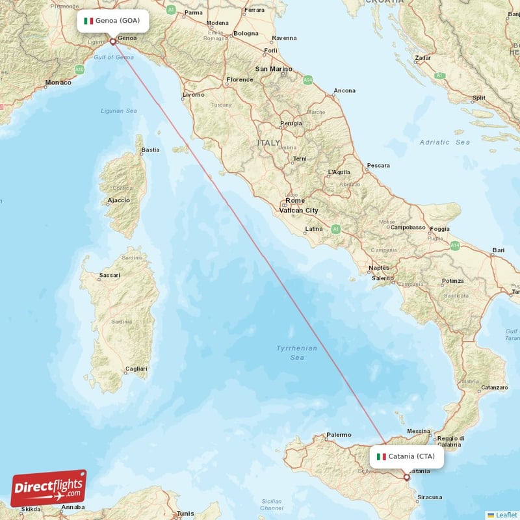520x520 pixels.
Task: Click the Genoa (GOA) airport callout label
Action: click(112, 21)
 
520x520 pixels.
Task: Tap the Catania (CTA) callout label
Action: click(407, 456)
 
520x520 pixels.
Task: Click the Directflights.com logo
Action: click(48, 487)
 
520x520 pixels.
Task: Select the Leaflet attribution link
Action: click(506, 515)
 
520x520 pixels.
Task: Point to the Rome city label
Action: click(294, 201)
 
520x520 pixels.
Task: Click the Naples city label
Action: click(378, 268)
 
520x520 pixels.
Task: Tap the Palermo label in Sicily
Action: click(339, 435)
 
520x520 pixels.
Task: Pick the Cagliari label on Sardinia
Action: click(136, 369)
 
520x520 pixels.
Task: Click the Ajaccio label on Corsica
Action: click(118, 200)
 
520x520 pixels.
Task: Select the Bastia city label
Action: click(150, 150)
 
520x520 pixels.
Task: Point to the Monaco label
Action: click(58, 83)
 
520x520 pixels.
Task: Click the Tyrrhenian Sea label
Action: click(297, 353)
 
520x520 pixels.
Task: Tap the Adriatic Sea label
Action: click(445, 142)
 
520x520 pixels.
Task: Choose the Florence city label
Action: click(239, 80)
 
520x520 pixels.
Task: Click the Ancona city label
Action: click(344, 91)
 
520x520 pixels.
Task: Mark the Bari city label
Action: click(499, 250)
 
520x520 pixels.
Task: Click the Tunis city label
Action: click(185, 513)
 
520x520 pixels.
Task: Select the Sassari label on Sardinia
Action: click(109, 276)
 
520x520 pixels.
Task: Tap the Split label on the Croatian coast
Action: click(478, 98)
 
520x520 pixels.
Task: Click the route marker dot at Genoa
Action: click(112, 42)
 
